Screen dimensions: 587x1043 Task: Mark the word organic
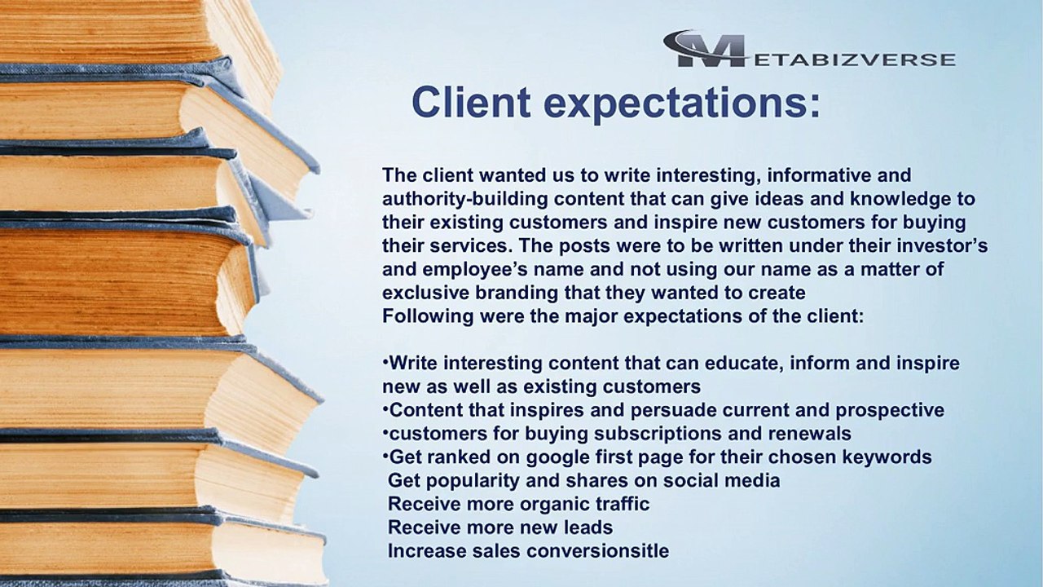(530, 504)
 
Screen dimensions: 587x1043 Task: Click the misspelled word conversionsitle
(597, 551)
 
